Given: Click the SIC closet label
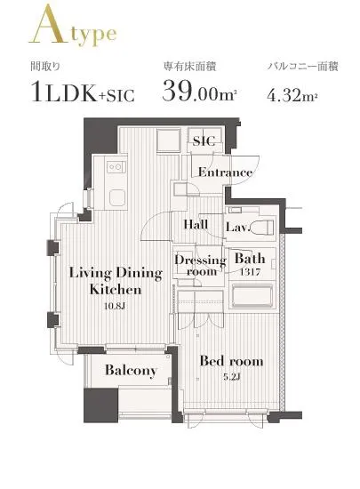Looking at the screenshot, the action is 204,141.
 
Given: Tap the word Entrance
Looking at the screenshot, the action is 226,172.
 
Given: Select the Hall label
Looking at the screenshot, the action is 196,224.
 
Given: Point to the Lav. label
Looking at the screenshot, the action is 238,227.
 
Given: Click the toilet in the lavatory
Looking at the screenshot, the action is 263,227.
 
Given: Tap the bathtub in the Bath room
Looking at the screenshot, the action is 252,295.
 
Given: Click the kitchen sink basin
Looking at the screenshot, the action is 117,197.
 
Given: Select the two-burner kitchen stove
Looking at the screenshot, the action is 116,167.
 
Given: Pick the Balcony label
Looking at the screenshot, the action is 131,370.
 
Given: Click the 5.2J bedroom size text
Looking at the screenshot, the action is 232,377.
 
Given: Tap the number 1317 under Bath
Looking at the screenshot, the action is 250,272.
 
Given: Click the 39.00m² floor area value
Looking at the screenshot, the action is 198,91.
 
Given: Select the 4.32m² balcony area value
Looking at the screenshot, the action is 292,95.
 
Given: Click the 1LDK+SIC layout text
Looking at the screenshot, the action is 84,92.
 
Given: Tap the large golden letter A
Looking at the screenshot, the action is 48,24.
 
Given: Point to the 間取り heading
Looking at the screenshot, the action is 45,67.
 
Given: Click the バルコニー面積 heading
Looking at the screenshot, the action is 303,67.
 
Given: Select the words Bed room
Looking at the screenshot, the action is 231,361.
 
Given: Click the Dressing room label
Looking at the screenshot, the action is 200,266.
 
